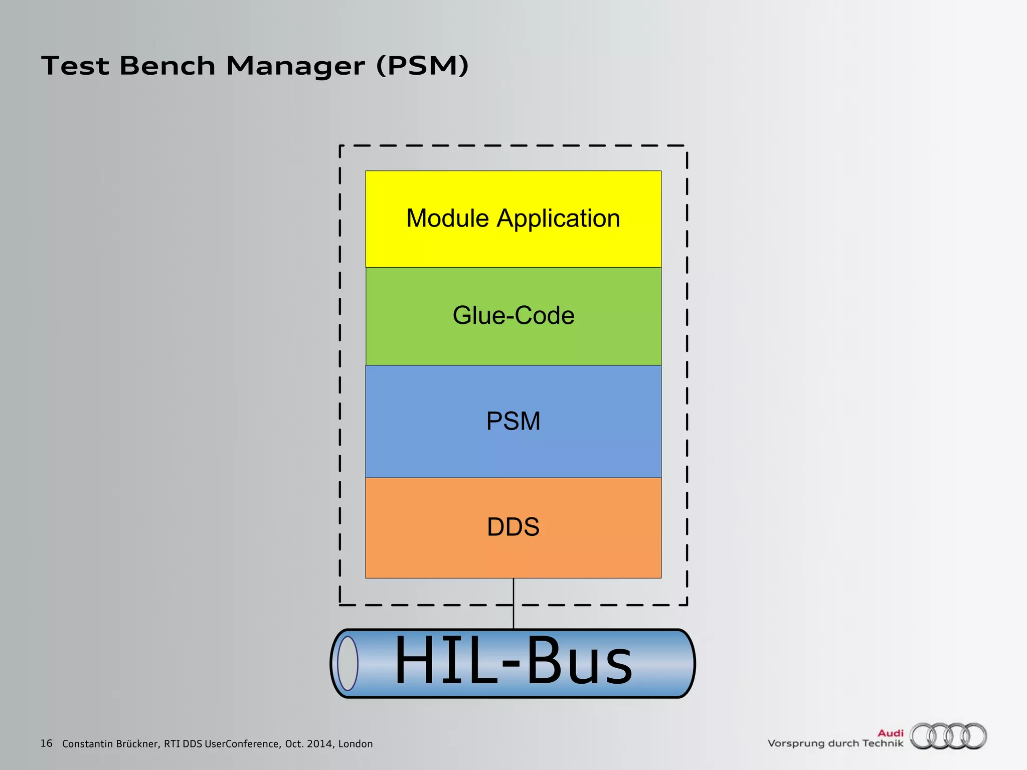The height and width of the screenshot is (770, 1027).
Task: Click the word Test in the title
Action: [x=75, y=66]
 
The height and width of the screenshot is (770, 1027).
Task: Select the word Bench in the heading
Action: [x=167, y=66]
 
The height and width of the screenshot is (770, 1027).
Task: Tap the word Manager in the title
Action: [x=295, y=66]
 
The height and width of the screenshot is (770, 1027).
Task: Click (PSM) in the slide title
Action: [x=422, y=66]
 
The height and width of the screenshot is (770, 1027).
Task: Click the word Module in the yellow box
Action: [x=447, y=219]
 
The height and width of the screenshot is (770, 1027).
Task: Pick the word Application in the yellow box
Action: [x=558, y=219]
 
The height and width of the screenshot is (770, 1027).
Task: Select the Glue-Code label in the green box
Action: [x=513, y=315]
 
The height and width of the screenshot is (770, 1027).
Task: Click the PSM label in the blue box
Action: [x=513, y=421]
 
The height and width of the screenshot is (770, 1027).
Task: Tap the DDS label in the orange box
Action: [x=513, y=527]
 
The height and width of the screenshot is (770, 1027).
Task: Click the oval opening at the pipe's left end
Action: [x=348, y=663]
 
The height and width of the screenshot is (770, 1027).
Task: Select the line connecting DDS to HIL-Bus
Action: [x=513, y=603]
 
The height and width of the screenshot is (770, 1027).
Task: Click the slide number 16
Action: [x=46, y=743]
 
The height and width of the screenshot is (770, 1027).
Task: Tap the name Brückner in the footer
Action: [x=138, y=744]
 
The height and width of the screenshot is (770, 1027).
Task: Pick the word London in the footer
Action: [x=356, y=744]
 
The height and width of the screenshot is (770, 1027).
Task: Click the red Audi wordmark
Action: [x=890, y=733]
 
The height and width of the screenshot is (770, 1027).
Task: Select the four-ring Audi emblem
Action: [x=948, y=736]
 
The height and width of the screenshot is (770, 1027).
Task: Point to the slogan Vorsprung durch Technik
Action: [x=835, y=743]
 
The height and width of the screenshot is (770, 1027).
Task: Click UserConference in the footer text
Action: [x=242, y=744]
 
